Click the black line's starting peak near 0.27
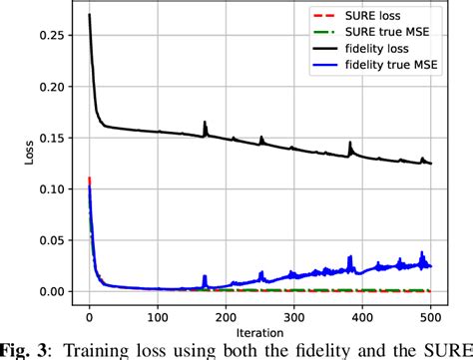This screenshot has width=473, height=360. point(89,15)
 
